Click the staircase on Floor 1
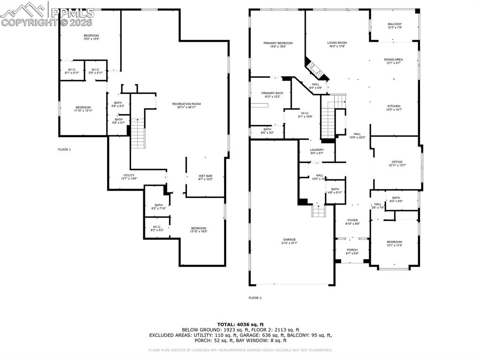coord(137,133)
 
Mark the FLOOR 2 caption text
coord(255,298)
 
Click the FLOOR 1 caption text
coord(64,149)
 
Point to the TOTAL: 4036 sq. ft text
coord(240,324)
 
